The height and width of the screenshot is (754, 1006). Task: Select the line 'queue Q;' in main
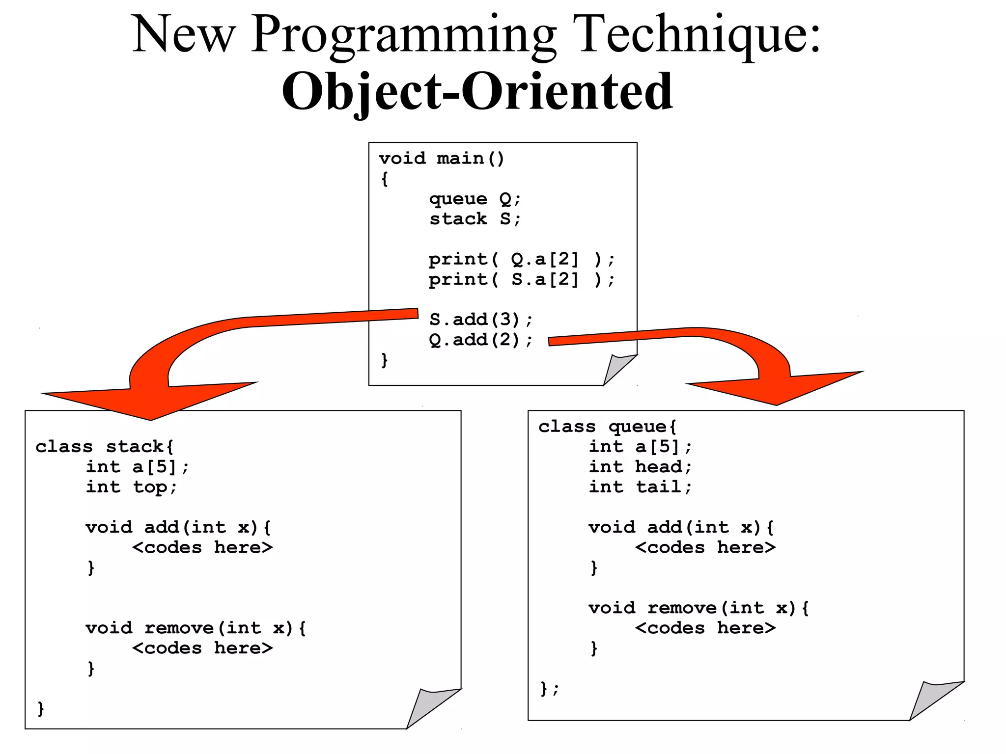(x=474, y=199)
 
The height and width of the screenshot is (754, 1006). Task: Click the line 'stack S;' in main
(x=474, y=219)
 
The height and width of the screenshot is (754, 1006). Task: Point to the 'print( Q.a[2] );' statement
(x=521, y=259)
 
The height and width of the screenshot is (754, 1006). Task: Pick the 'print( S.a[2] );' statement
(x=521, y=279)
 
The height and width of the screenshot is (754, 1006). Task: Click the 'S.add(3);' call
(x=480, y=320)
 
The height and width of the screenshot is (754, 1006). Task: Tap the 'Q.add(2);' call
(x=480, y=340)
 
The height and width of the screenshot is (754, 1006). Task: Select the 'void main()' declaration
(x=441, y=159)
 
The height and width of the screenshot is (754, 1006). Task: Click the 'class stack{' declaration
(x=104, y=447)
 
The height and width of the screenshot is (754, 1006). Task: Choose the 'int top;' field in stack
(x=131, y=487)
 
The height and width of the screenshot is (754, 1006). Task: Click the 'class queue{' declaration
(x=607, y=427)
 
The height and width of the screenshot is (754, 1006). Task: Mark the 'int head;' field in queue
(x=640, y=467)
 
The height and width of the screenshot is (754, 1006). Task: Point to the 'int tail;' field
(x=640, y=487)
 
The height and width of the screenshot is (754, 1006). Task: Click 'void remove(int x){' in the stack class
(x=196, y=628)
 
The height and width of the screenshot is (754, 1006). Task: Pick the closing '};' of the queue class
(x=549, y=689)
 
